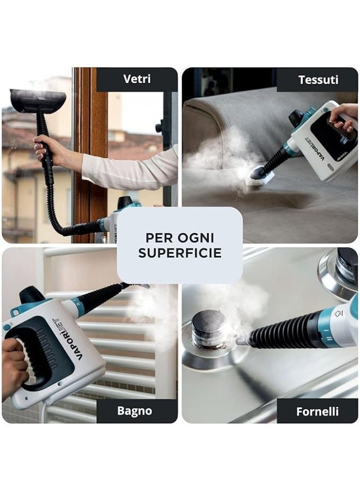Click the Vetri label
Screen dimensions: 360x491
[137, 79]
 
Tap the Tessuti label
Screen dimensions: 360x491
[318, 80]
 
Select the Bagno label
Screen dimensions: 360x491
[135, 411]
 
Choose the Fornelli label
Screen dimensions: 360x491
[317, 411]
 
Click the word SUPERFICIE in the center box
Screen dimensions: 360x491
[180, 253]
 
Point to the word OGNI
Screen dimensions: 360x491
[196, 238]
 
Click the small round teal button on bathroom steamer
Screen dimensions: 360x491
[6, 327]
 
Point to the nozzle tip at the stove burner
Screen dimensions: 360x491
[241, 340]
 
